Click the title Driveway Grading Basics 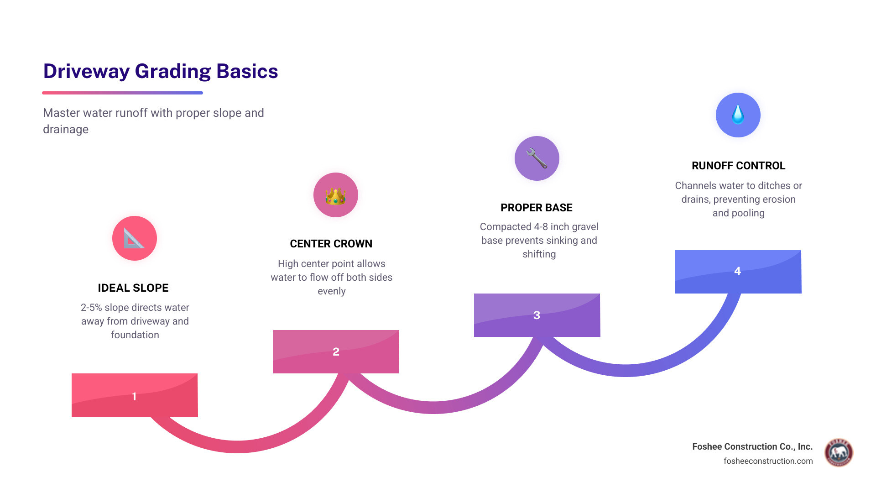(x=161, y=71)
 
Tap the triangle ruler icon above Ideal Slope (x=134, y=238)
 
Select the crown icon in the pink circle (x=335, y=195)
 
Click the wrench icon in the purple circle (x=537, y=158)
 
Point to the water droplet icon (x=738, y=115)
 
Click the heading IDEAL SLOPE (x=133, y=288)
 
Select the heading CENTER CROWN (x=331, y=244)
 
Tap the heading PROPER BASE (x=536, y=208)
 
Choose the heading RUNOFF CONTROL (x=738, y=166)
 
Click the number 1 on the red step (x=134, y=396)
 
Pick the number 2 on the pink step (x=336, y=352)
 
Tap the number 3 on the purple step (x=537, y=315)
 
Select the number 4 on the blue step (x=737, y=271)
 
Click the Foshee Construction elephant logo (x=839, y=453)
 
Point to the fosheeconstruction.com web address (x=768, y=461)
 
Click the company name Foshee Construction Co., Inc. (x=752, y=446)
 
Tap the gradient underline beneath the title (x=122, y=93)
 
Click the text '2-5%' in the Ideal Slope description (x=91, y=308)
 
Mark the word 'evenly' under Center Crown (x=331, y=291)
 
